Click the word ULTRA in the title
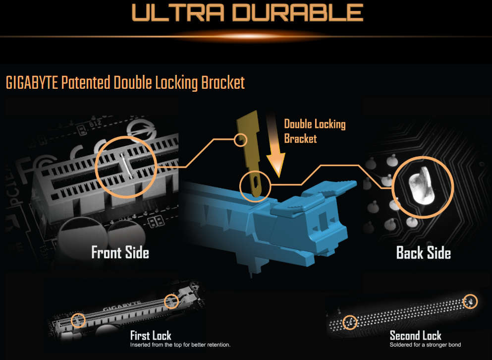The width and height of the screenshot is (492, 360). [178, 12]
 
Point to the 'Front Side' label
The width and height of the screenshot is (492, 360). [120, 252]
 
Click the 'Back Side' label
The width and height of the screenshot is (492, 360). [424, 253]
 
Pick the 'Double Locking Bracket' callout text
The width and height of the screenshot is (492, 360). [315, 131]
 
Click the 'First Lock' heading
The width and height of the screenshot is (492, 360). [151, 336]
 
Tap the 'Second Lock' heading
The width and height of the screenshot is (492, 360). [415, 336]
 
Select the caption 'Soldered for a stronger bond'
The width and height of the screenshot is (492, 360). [425, 345]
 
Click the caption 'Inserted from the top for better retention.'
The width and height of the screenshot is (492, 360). [180, 345]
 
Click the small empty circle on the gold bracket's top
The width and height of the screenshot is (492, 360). [240, 140]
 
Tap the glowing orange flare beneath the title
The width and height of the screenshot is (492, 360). [248, 36]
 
